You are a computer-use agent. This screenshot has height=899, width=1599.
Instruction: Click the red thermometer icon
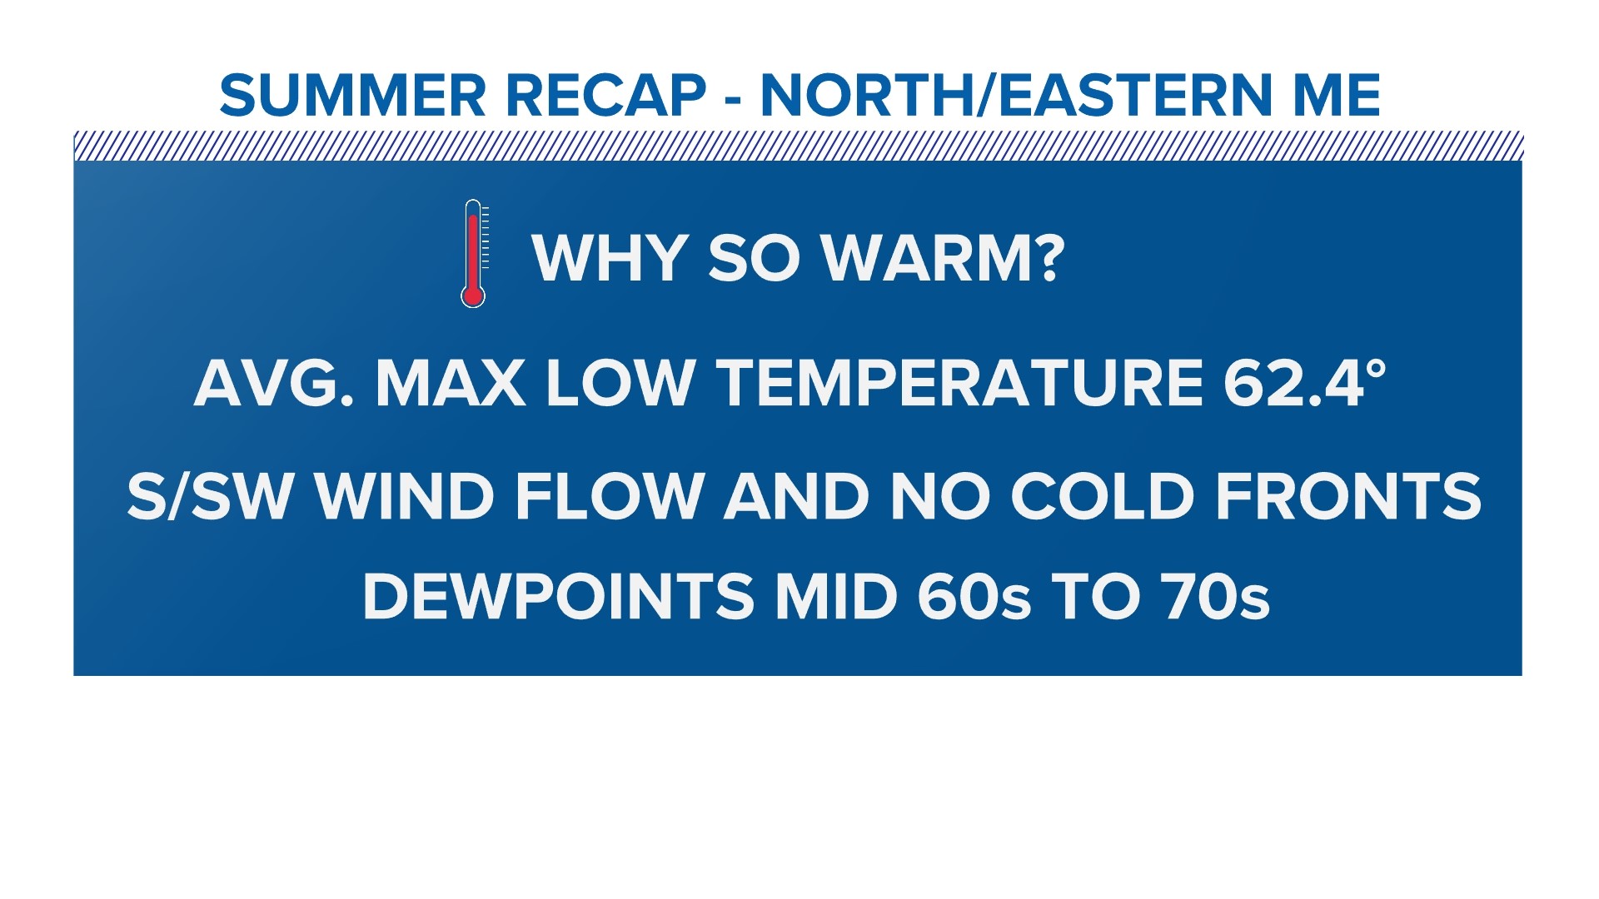click(473, 254)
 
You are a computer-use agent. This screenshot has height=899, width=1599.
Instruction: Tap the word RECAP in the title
click(605, 95)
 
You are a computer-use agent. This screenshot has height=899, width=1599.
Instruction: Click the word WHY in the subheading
click(610, 258)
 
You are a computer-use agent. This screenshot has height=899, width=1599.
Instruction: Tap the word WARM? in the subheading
click(944, 258)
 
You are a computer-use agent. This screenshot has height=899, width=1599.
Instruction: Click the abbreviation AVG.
click(274, 382)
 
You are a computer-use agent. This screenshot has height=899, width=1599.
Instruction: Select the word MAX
click(450, 382)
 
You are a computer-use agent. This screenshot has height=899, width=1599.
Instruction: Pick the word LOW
click(620, 382)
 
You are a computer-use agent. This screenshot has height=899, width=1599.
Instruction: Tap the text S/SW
click(210, 497)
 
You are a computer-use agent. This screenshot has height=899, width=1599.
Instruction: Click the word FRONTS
click(1348, 497)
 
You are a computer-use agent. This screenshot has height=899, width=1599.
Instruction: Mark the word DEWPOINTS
click(559, 597)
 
